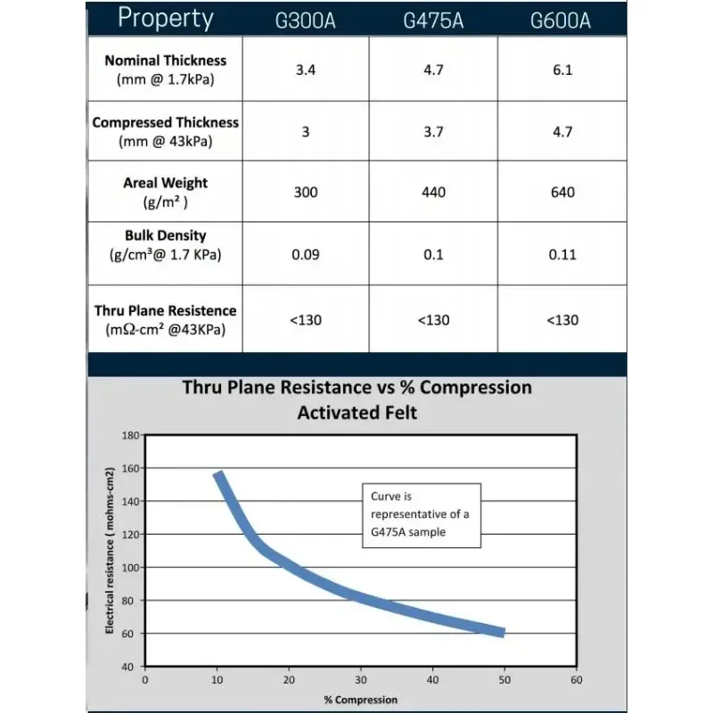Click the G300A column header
point(306,20)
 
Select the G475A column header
point(433,20)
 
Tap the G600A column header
point(561,20)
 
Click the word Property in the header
point(166,18)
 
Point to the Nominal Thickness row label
point(166,70)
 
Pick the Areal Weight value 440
point(433,193)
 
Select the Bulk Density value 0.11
point(561,255)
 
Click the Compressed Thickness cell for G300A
point(306,132)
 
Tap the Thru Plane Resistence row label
point(166,320)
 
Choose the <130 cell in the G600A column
point(561,320)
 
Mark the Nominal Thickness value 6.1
point(561,70)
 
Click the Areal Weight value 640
point(561,193)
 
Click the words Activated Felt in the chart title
point(356,413)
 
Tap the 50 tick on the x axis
point(504,680)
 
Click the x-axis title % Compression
point(361,700)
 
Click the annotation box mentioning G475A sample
point(422,515)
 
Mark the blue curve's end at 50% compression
point(503,632)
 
